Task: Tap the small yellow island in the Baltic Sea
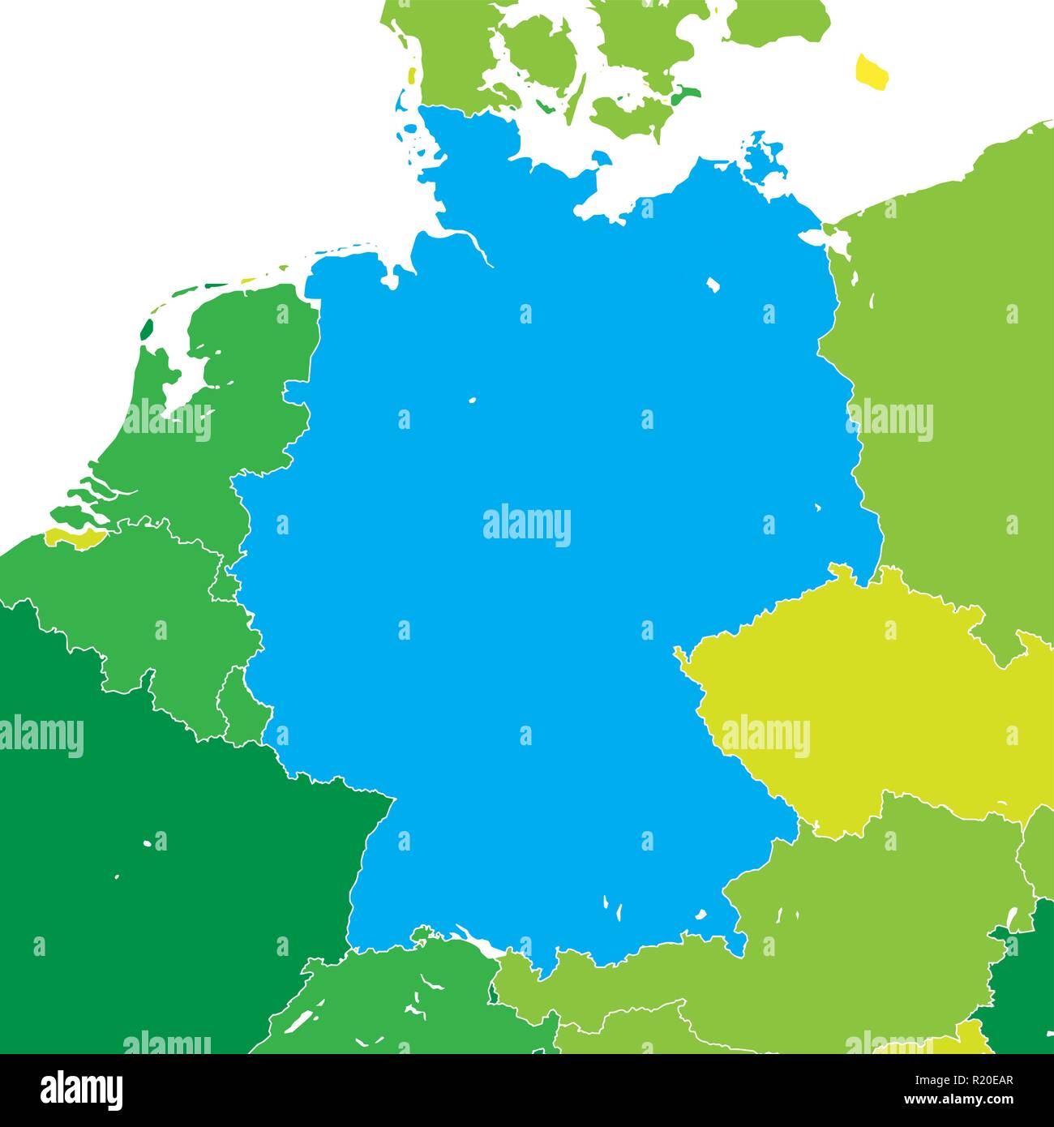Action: tap(872, 71)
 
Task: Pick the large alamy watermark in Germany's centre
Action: tap(527, 525)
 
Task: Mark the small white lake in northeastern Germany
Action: tap(713, 285)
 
